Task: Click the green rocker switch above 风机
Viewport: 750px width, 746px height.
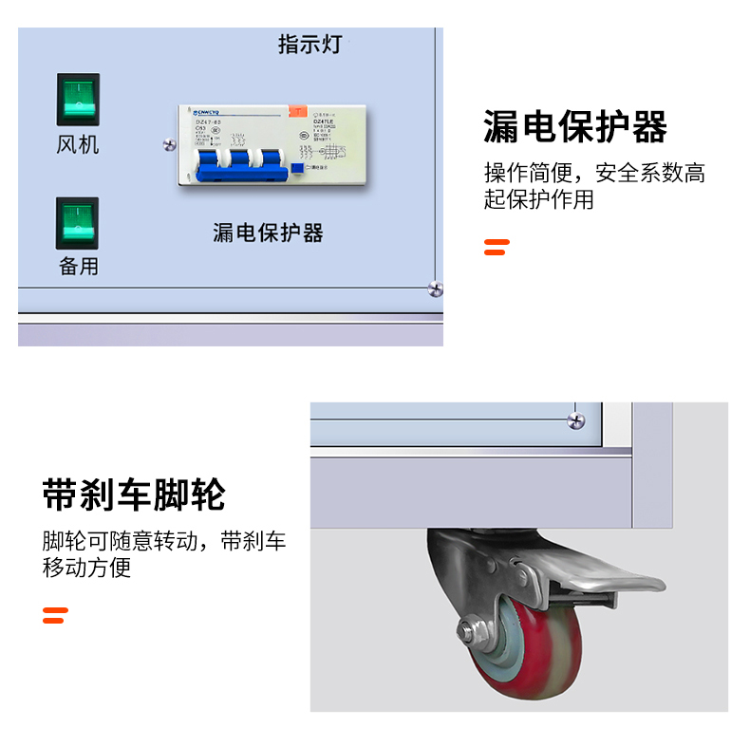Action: point(78,99)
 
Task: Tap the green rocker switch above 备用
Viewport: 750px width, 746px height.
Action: point(77,223)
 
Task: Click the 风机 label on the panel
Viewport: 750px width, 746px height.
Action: point(78,145)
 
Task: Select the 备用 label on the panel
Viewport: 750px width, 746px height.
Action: point(78,266)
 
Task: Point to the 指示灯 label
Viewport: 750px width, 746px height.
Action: point(309,45)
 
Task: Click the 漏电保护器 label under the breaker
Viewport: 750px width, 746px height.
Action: point(268,232)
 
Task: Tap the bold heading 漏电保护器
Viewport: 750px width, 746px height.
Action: point(575,126)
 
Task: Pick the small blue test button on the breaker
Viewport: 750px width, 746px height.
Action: point(297,169)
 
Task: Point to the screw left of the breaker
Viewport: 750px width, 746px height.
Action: point(169,144)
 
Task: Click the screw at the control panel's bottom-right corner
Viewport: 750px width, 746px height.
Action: point(435,288)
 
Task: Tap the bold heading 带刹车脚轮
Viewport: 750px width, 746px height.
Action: point(134,494)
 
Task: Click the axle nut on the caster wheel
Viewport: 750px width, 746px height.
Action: point(470,631)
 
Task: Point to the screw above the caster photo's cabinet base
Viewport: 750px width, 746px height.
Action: point(575,420)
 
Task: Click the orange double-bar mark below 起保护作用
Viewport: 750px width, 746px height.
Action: point(497,247)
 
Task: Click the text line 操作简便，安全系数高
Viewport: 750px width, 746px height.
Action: point(594,174)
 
